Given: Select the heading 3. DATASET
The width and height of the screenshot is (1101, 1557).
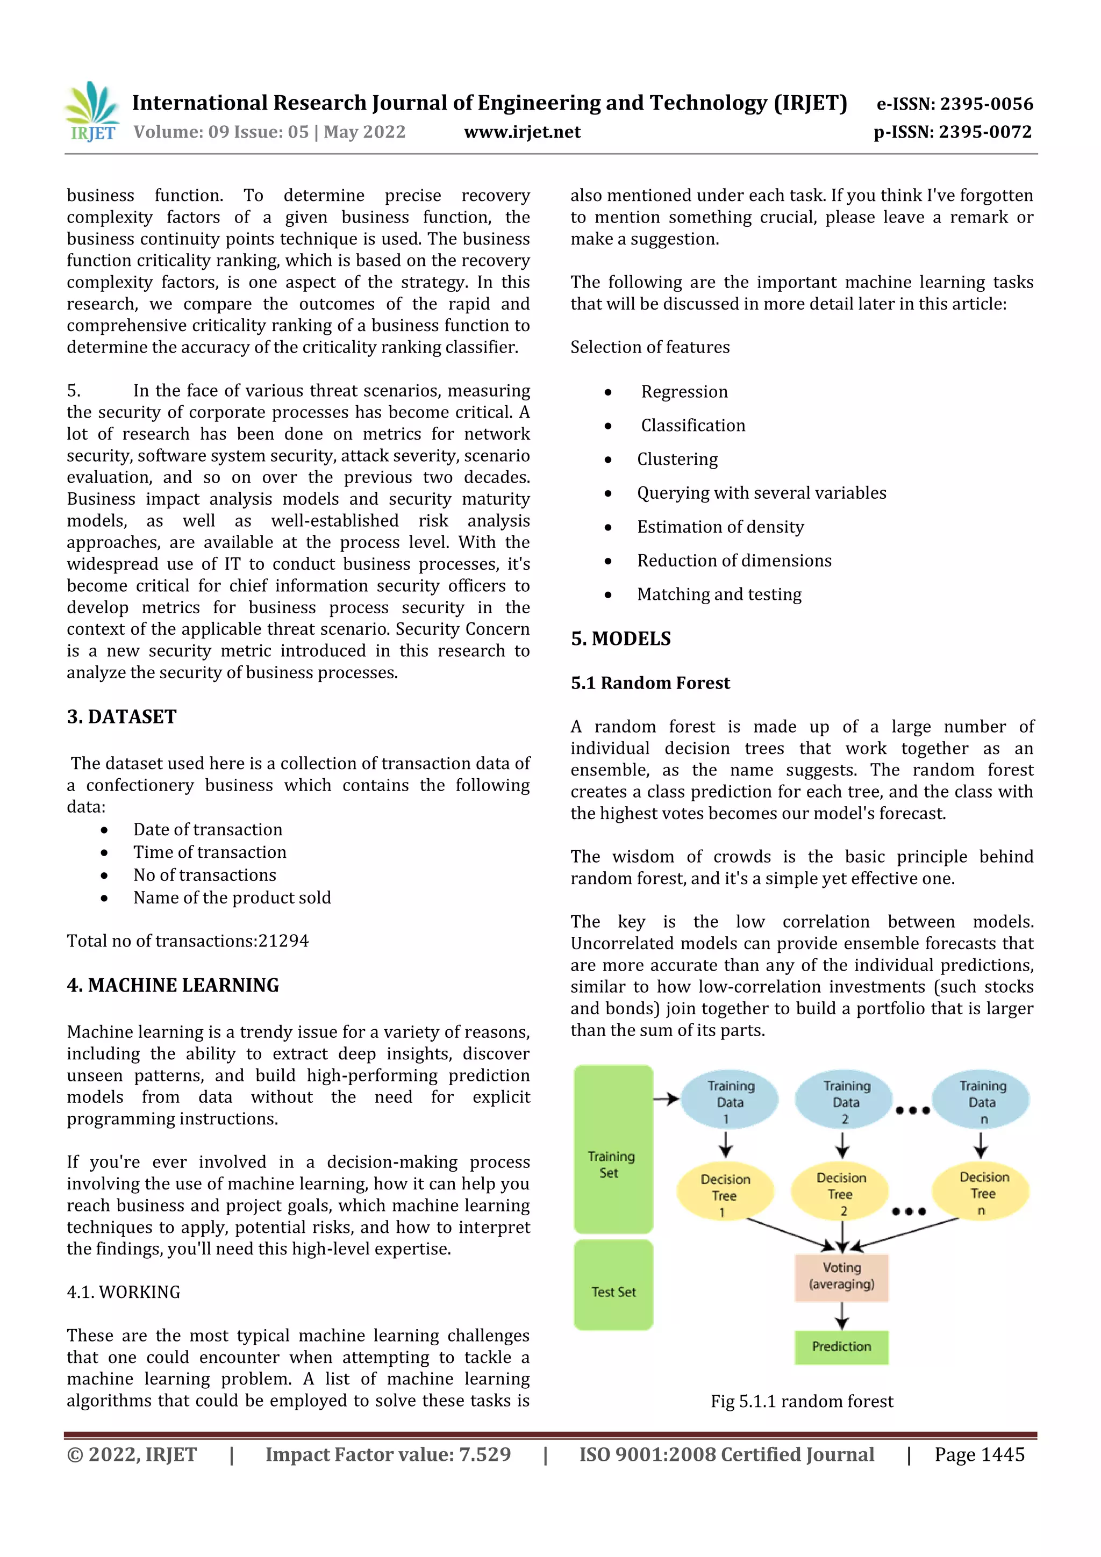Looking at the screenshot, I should click(121, 717).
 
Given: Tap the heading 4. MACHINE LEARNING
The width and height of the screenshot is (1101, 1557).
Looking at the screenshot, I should click(173, 985).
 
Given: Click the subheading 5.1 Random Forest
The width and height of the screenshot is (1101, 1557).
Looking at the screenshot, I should click(650, 683).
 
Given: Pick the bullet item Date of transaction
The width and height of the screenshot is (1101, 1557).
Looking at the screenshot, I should click(208, 829).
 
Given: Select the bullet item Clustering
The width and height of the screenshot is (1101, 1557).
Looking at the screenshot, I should click(676, 459).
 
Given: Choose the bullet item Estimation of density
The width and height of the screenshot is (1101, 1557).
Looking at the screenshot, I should click(720, 527).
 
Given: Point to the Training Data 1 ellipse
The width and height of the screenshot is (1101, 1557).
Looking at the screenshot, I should click(730, 1099).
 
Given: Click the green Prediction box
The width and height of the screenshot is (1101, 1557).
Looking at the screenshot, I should click(841, 1346).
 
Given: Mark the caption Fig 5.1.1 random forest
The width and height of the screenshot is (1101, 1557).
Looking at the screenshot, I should click(802, 1401).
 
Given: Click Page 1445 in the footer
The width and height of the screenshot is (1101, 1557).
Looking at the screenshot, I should click(979, 1454).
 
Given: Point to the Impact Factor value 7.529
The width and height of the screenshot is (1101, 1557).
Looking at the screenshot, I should click(484, 1454).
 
